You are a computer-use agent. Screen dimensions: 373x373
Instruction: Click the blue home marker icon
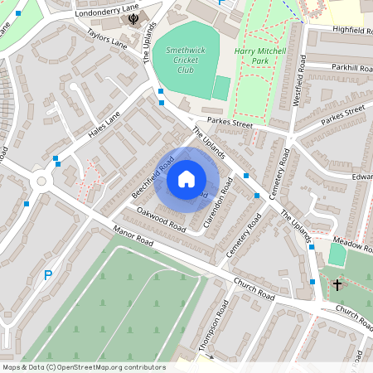pos(186,178)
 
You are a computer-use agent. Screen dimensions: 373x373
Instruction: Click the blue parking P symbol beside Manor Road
pos(48,274)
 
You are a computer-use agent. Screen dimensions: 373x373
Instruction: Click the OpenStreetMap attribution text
pos(84,367)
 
